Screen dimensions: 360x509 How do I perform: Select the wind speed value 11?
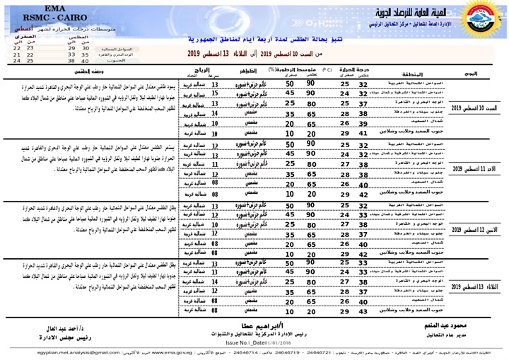coord(214,163)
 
